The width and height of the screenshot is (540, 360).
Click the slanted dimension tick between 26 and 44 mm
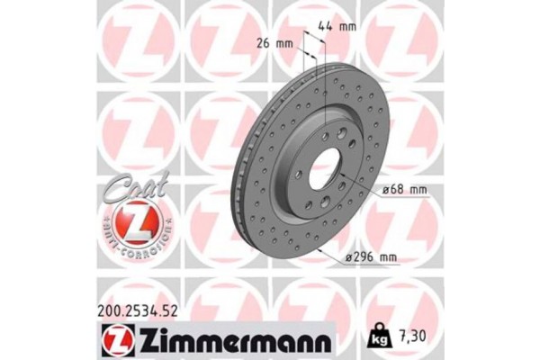308,44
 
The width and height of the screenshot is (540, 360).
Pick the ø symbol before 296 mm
348,258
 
